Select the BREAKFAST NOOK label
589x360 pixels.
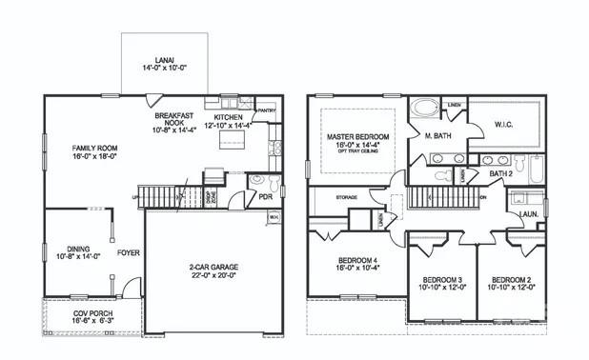(x=173, y=119)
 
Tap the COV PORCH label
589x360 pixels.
(x=91, y=313)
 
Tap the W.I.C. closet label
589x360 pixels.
(x=506, y=124)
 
